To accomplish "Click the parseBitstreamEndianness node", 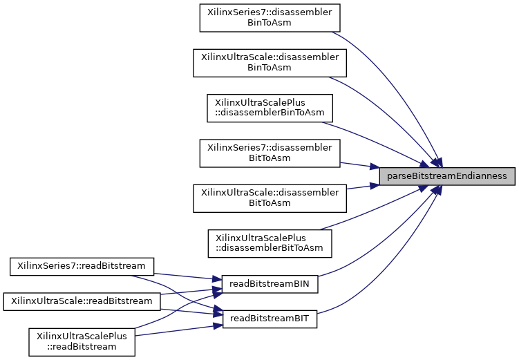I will tap(447, 176).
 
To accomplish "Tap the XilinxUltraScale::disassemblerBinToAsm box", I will tap(269, 62).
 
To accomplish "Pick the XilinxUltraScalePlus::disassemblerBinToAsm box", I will tap(270, 107).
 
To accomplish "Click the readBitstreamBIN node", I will tap(269, 283).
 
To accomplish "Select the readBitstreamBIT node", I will tap(269, 319).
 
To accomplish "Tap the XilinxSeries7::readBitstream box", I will tap(81, 265).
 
